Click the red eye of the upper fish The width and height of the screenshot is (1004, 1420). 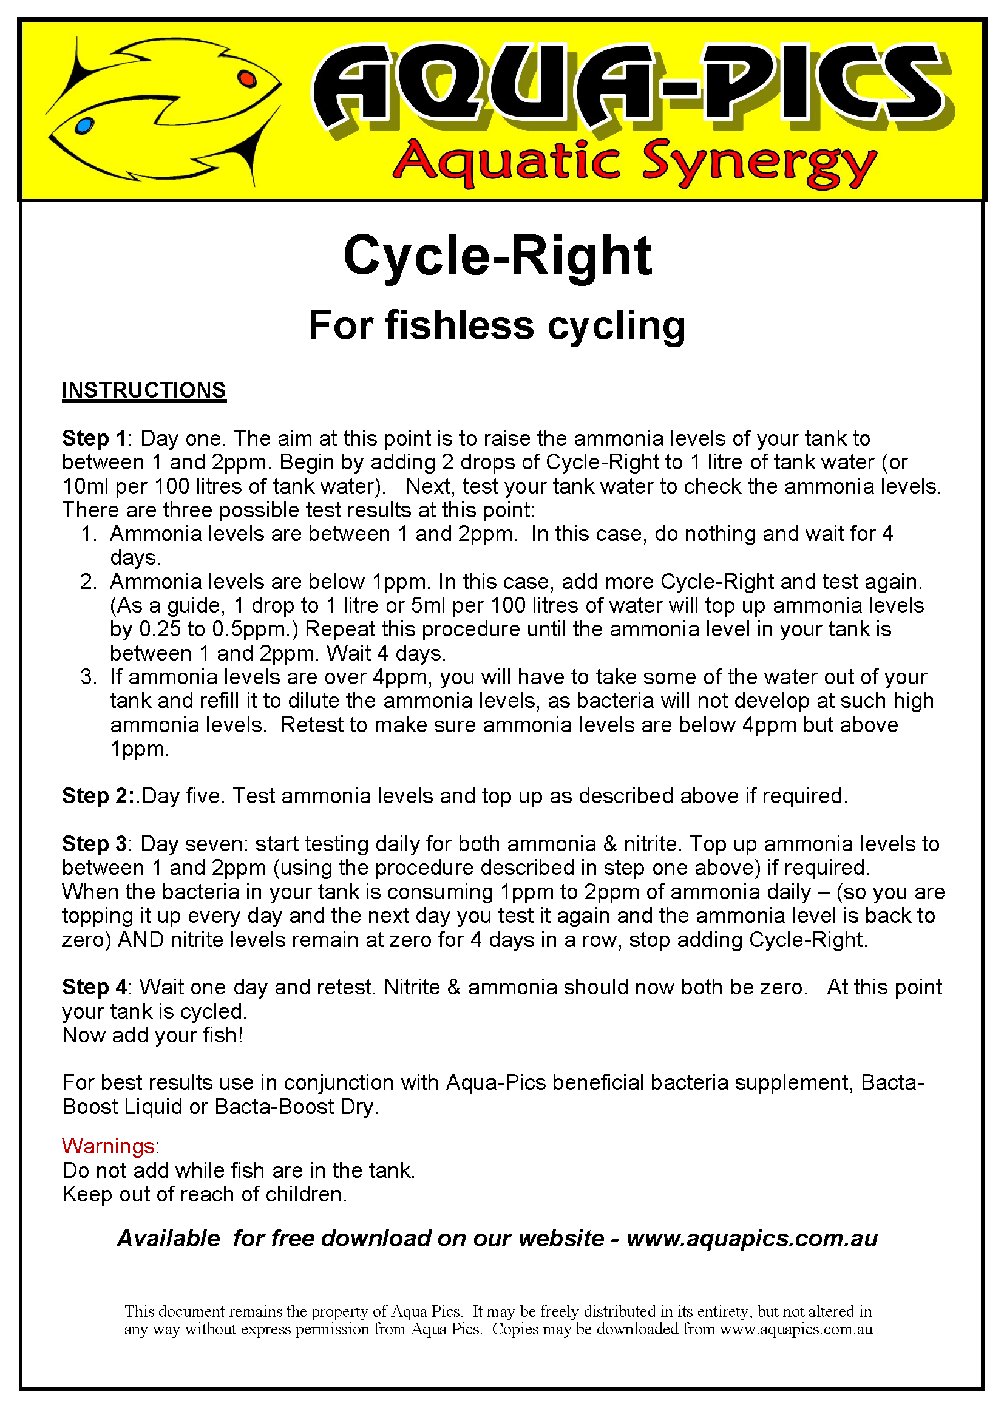pyautogui.click(x=246, y=78)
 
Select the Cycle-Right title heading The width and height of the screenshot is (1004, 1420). pyautogui.click(x=497, y=256)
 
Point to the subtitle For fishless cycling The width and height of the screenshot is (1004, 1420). pyautogui.click(x=497, y=326)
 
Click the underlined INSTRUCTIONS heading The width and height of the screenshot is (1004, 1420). pyautogui.click(x=144, y=391)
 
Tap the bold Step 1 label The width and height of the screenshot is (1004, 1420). pyautogui.click(x=94, y=438)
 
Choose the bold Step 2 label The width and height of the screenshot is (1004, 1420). pyautogui.click(x=97, y=796)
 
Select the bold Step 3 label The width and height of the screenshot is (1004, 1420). pyautogui.click(x=94, y=844)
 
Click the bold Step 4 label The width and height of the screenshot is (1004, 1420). pyautogui.click(x=94, y=987)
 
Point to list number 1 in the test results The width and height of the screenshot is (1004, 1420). pyautogui.click(x=89, y=534)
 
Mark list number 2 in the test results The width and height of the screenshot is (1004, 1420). pyautogui.click(x=89, y=582)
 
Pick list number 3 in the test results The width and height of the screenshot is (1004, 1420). pyautogui.click(x=89, y=678)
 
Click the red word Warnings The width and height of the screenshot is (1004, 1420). pyautogui.click(x=108, y=1146)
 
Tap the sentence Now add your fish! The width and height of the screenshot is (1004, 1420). pyautogui.click(x=153, y=1035)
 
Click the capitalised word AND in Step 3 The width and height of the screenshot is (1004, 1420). pyautogui.click(x=140, y=940)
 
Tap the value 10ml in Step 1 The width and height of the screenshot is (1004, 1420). pyautogui.click(x=86, y=487)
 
